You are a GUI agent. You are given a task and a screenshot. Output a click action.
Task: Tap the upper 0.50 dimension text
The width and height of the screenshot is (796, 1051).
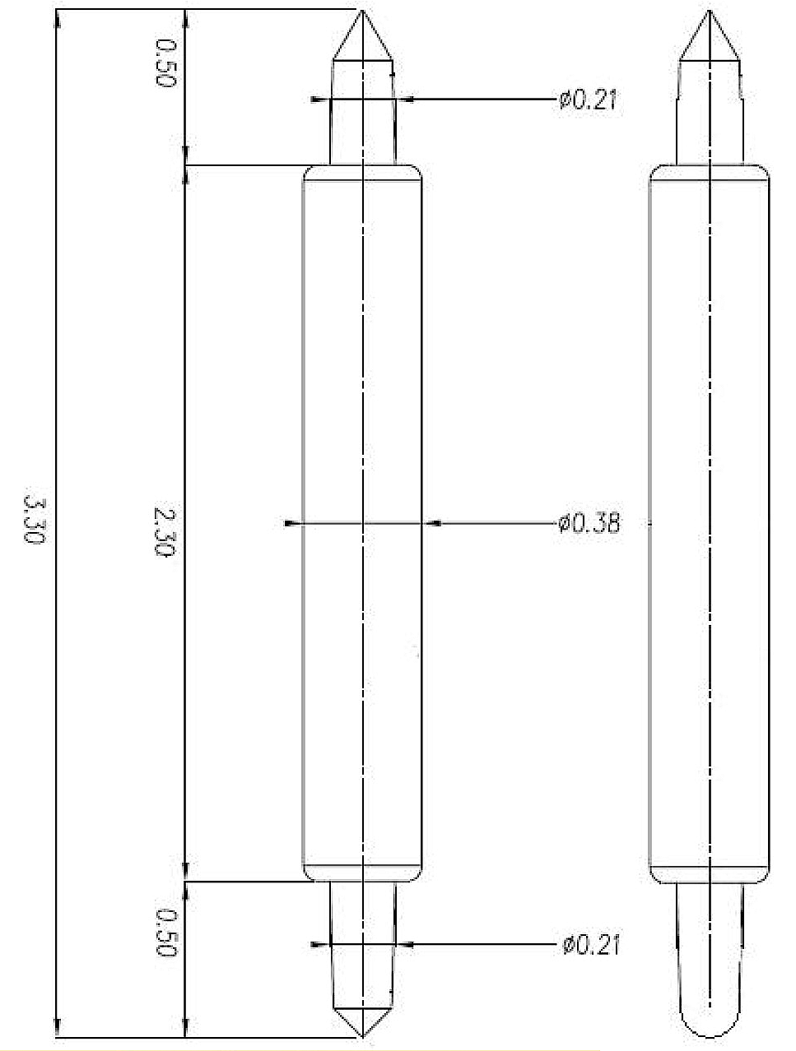click(x=165, y=63)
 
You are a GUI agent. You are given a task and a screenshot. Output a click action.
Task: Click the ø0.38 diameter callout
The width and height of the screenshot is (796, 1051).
click(x=589, y=523)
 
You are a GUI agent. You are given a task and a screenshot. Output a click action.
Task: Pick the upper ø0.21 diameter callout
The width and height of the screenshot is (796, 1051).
click(x=588, y=100)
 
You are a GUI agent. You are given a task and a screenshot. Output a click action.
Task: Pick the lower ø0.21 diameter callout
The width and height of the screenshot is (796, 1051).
click(x=590, y=945)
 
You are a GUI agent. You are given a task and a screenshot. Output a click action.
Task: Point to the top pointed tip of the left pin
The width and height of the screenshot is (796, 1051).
click(x=362, y=11)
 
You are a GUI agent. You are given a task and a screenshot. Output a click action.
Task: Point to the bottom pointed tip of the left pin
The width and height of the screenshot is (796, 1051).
click(x=362, y=1036)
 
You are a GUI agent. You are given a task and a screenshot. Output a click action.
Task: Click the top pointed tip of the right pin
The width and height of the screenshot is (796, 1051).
click(x=709, y=11)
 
